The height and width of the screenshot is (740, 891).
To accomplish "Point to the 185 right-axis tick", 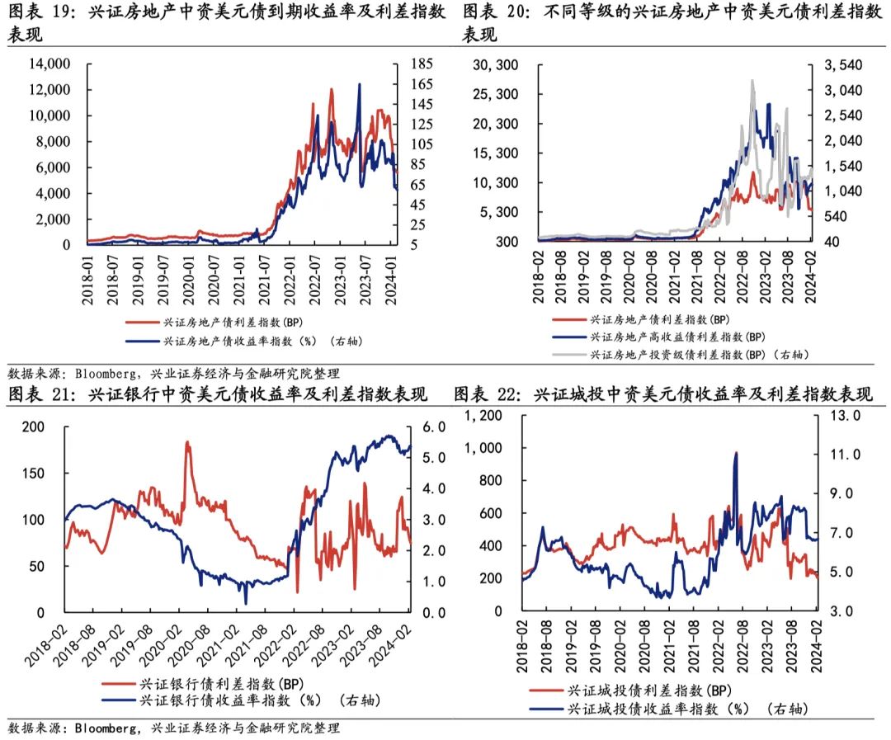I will click(422, 64).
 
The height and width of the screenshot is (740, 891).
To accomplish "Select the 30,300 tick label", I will click(499, 64).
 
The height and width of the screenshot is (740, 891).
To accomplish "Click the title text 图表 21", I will click(40, 395).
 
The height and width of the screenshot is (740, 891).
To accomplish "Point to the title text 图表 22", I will click(488, 395).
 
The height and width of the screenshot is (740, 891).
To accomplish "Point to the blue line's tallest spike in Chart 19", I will click(359, 85).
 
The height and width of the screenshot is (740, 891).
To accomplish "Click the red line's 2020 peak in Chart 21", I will click(186, 443).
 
